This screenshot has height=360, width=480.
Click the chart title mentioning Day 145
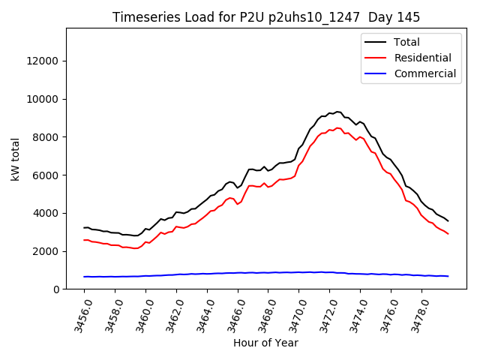[266, 17]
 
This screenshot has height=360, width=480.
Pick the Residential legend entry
[422, 58]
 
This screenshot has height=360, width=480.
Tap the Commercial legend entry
[424, 73]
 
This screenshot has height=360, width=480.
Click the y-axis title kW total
[16, 158]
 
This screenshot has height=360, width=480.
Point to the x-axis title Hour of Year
[266, 343]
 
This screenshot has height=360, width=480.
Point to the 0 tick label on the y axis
[57, 289]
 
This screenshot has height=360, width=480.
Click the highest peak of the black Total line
[337, 112]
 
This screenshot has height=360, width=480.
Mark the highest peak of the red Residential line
[337, 128]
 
